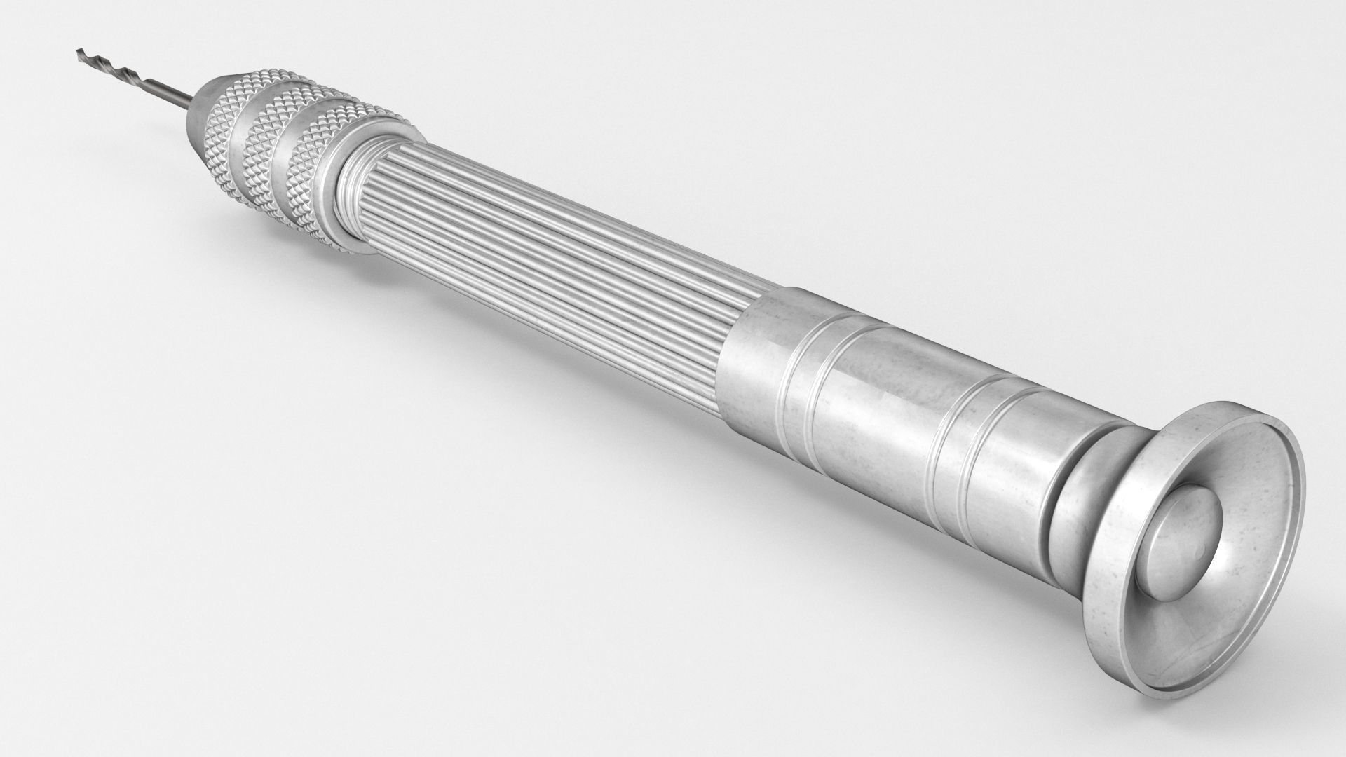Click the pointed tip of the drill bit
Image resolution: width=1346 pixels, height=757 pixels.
point(79,50)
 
